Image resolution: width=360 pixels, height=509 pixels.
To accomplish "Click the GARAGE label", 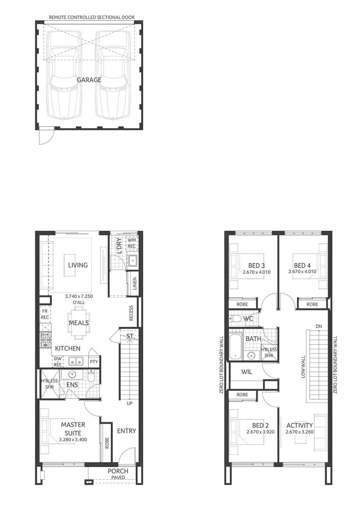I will pyautogui.click(x=89, y=80).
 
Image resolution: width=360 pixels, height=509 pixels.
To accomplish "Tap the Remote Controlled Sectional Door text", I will pyautogui.click(x=92, y=17).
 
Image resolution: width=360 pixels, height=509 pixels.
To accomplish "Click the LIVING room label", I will pyautogui.click(x=78, y=265).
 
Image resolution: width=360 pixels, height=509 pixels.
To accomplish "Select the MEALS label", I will pyautogui.click(x=79, y=323).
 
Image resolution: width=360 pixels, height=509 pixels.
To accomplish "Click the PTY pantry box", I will pyautogui.click(x=93, y=362).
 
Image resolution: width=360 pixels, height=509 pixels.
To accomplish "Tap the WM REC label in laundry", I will pyautogui.click(x=131, y=243).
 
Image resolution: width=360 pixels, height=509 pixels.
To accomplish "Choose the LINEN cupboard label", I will pyautogui.click(x=134, y=283).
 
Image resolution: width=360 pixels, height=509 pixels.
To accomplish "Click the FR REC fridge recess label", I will pyautogui.click(x=45, y=314).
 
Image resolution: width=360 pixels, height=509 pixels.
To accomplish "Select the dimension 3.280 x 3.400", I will pyautogui.click(x=73, y=440).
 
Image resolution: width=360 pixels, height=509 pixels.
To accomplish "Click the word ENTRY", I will pyautogui.click(x=126, y=431).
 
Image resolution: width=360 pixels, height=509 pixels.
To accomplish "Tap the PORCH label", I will pyautogui.click(x=118, y=471).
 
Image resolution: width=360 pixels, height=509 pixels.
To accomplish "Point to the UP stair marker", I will pyautogui.click(x=129, y=403).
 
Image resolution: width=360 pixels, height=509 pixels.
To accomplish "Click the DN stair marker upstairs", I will pyautogui.click(x=319, y=326).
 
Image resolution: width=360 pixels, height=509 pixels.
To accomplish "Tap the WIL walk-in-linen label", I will pyautogui.click(x=247, y=372).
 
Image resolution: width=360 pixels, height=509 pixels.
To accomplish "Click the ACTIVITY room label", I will pyautogui.click(x=299, y=426).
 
